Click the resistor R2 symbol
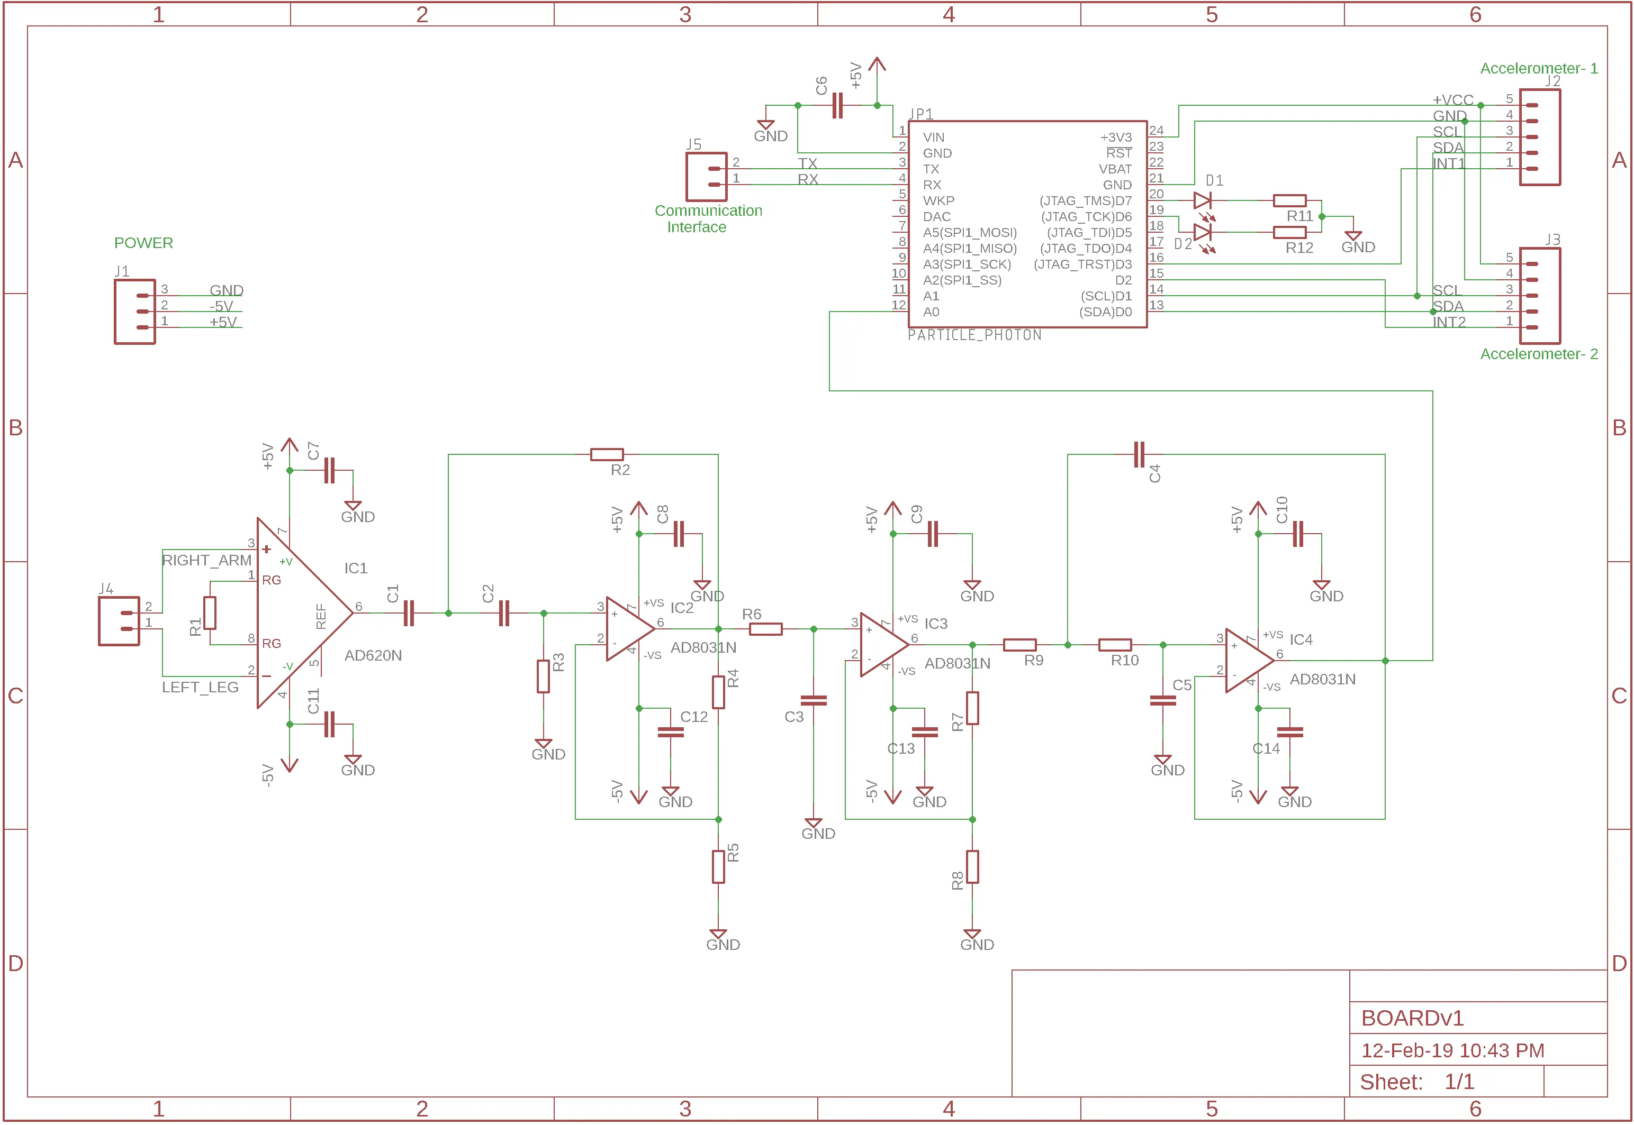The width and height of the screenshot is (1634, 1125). click(607, 455)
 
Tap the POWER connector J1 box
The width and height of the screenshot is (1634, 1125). click(134, 312)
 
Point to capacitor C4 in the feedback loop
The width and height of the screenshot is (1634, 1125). click(1139, 455)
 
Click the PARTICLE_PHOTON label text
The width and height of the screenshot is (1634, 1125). click(974, 335)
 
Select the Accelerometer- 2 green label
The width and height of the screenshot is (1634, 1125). click(1538, 354)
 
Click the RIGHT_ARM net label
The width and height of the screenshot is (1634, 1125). click(206, 561)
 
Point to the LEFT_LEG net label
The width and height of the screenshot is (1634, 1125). click(200, 687)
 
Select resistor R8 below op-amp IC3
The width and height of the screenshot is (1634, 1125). click(972, 867)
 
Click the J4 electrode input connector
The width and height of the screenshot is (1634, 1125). click(119, 621)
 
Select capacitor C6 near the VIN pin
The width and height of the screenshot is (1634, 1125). click(837, 106)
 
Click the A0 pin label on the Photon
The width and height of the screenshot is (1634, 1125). click(931, 312)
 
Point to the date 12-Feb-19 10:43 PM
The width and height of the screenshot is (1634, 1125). click(1452, 1050)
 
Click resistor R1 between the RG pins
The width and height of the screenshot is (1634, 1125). click(210, 612)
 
